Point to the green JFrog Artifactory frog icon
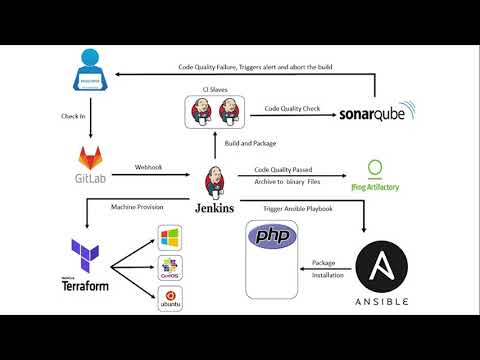[x=374, y=167]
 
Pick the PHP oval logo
[x=272, y=238]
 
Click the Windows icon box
[x=170, y=238]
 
